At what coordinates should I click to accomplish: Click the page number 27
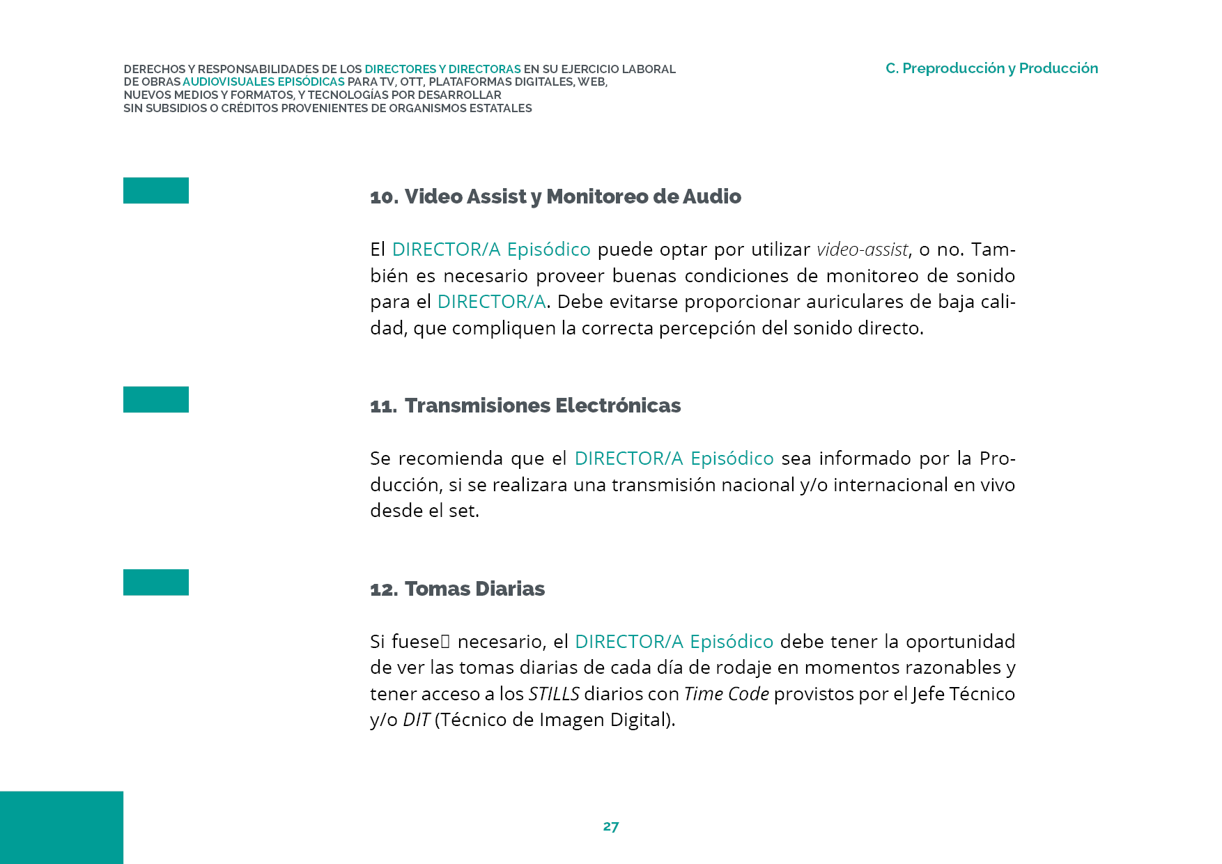610,826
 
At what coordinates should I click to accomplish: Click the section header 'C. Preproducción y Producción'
991,68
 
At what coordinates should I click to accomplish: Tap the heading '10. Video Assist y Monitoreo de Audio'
555,196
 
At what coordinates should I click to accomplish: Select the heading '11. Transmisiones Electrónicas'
525,406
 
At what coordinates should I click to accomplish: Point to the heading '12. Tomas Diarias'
457,589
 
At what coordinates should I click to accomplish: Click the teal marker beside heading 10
156,190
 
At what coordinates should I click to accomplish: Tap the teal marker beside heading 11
156,399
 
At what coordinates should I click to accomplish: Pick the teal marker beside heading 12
156,583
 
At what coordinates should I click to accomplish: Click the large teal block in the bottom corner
61,827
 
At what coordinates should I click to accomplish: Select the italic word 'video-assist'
863,249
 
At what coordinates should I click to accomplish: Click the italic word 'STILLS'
554,694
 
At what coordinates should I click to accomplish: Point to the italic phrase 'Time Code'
727,694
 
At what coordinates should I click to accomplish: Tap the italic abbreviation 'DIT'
417,720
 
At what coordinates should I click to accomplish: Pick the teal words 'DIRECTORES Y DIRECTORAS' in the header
442,69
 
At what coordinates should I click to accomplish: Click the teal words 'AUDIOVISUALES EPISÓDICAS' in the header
263,82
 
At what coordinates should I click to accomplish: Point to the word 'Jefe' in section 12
927,694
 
